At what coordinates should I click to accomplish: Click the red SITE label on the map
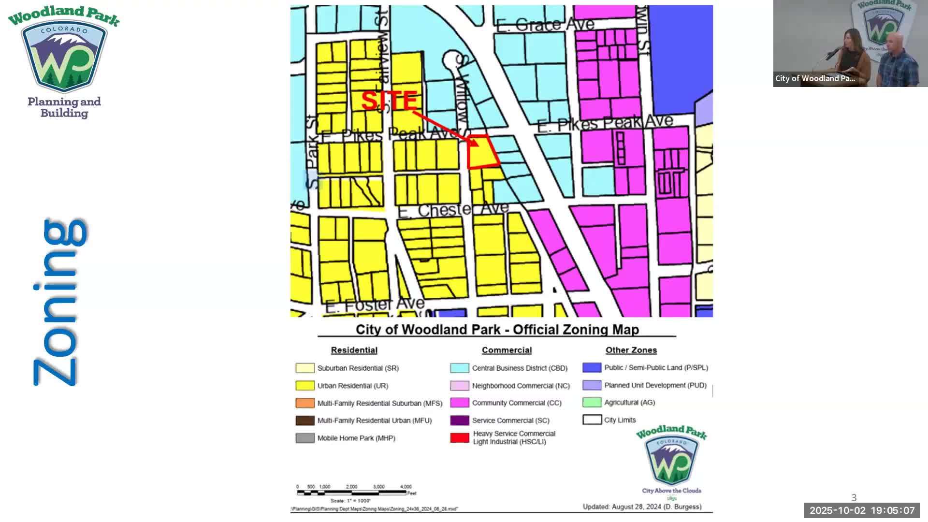[x=389, y=101]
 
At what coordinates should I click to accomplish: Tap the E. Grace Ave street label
[x=545, y=24]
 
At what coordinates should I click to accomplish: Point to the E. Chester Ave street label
[x=453, y=210]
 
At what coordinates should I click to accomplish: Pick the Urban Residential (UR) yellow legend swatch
[x=305, y=386]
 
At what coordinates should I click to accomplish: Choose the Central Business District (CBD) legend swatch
[x=460, y=368]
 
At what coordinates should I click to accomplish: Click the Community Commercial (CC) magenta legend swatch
[x=460, y=403]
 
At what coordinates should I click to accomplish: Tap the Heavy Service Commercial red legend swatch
[x=460, y=438]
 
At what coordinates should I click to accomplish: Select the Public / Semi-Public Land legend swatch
[x=592, y=368]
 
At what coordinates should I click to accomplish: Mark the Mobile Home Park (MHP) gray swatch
[x=305, y=438]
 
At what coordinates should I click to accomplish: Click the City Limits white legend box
[x=592, y=420]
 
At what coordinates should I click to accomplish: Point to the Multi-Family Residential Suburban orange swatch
[x=305, y=403]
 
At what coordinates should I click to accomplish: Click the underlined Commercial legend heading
[x=507, y=350]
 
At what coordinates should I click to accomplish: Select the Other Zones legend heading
[x=631, y=350]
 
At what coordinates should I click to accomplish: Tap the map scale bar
[x=351, y=493]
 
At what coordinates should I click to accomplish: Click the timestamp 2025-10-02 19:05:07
[x=862, y=510]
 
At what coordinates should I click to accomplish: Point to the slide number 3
[x=854, y=497]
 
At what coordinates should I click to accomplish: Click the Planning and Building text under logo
[x=64, y=107]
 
